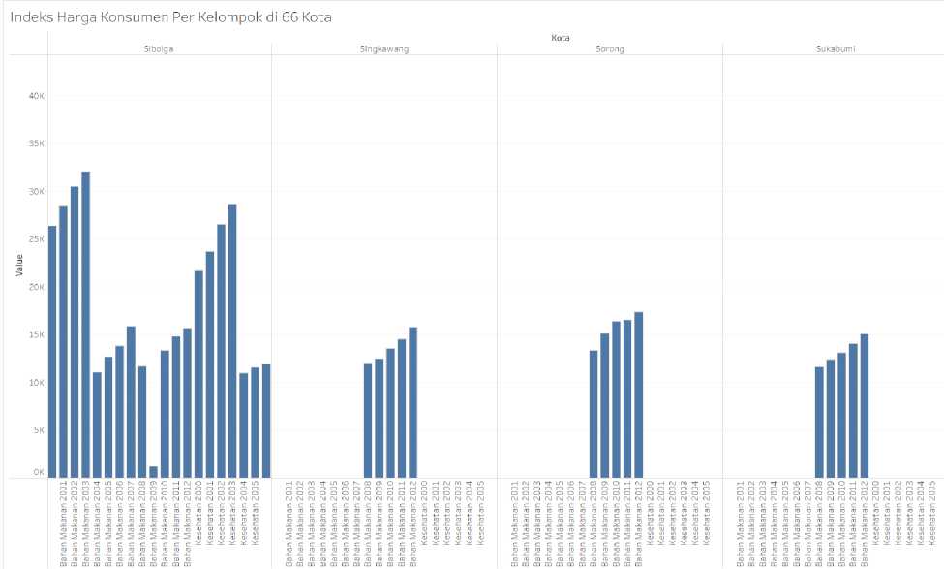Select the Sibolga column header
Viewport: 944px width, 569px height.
(x=159, y=48)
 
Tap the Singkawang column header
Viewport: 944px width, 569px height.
(x=383, y=48)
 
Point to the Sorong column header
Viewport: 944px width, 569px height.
(x=609, y=48)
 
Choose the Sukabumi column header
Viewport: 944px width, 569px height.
(x=835, y=48)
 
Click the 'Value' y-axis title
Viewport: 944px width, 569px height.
(x=18, y=265)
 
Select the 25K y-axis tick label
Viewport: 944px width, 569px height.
(x=34, y=239)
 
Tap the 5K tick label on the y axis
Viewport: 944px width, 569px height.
(x=36, y=430)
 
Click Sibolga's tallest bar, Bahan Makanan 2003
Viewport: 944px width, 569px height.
(x=85, y=325)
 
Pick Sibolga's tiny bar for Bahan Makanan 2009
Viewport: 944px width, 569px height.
(x=153, y=472)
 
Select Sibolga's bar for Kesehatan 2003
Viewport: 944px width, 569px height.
(x=232, y=340)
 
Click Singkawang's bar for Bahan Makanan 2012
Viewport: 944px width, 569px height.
(x=413, y=402)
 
